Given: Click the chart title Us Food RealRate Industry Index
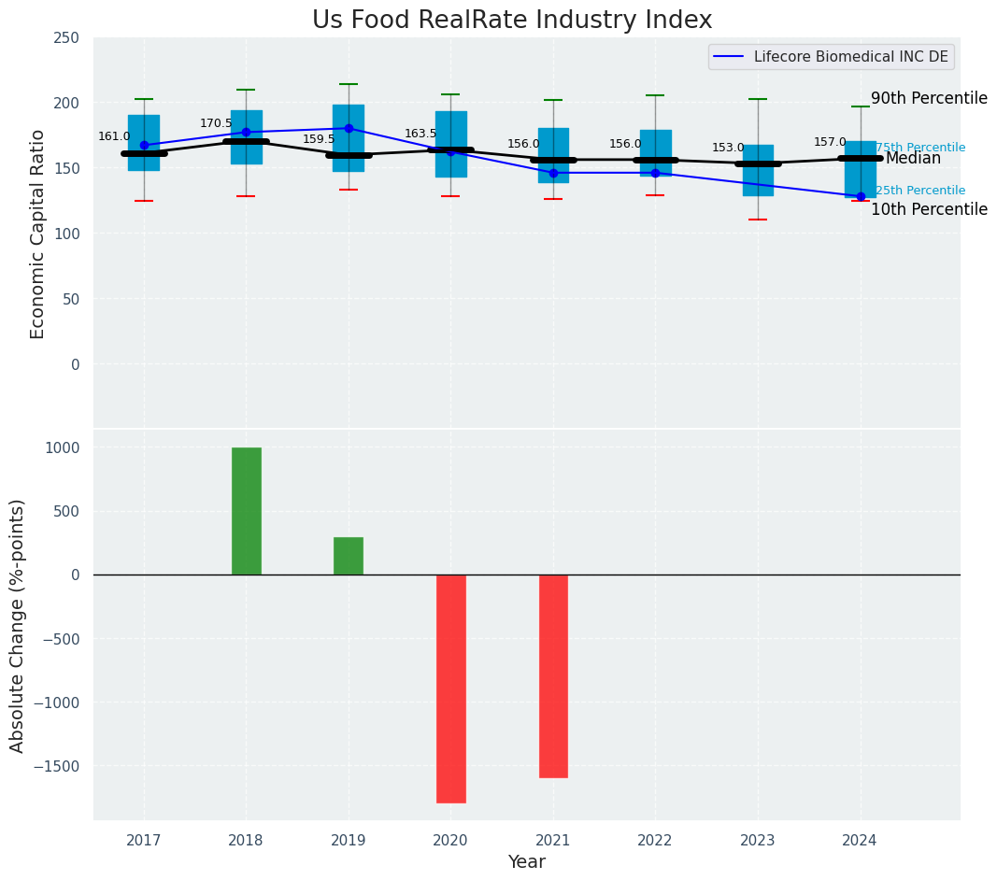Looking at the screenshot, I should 512,21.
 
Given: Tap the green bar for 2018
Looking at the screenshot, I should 246,511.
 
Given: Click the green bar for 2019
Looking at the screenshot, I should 349,556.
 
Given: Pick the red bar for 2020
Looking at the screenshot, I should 450,688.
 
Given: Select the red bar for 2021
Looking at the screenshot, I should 553,675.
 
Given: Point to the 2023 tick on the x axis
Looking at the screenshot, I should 758,840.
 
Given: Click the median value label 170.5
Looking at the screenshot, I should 216,123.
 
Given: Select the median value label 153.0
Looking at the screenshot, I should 728,148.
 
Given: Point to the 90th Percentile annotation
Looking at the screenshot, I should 929,98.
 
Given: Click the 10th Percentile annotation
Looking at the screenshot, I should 929,209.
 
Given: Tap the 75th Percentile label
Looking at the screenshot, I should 920,148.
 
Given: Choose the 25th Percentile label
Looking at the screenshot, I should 920,191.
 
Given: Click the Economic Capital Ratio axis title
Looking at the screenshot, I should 38,234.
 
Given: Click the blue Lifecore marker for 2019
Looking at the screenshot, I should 349,128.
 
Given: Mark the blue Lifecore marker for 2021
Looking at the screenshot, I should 553,173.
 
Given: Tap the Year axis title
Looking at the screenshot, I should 527,862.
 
